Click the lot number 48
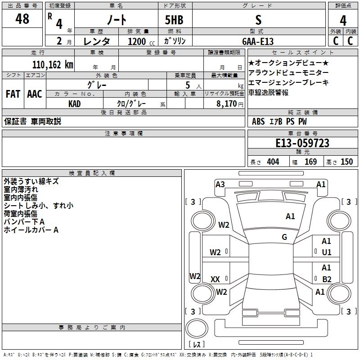(x=22, y=19)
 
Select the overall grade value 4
(x=343, y=20)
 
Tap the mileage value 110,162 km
(x=53, y=64)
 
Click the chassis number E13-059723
(x=302, y=143)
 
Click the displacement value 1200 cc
(x=137, y=41)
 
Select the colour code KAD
(x=75, y=103)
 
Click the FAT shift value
(x=13, y=94)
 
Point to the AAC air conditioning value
(x=35, y=94)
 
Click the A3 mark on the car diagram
(x=220, y=184)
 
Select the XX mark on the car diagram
(x=215, y=279)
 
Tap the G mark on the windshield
(x=284, y=237)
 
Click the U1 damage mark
(x=326, y=252)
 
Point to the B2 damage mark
(x=327, y=279)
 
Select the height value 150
(x=346, y=162)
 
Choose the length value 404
(x=273, y=162)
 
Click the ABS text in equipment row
(x=258, y=121)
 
